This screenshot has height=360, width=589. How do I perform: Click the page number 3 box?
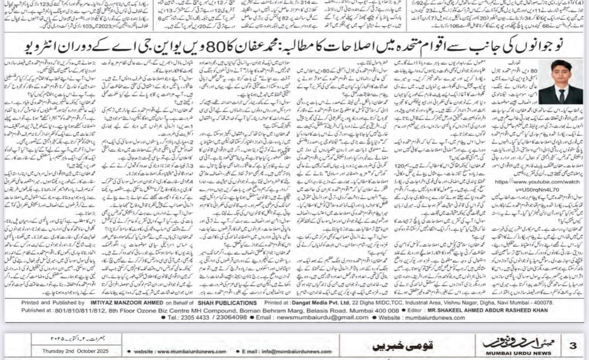(x=573, y=346)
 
